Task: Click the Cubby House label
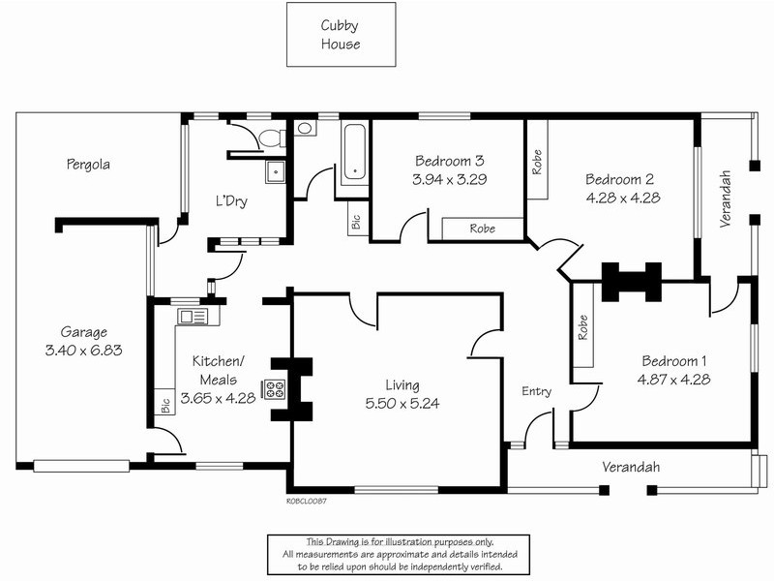click(341, 35)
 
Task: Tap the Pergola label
click(88, 165)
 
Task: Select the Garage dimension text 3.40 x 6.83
click(83, 351)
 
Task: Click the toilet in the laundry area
click(271, 138)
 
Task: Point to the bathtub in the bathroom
click(355, 152)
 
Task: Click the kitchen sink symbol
click(193, 317)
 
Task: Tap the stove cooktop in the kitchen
click(275, 389)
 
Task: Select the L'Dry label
click(231, 201)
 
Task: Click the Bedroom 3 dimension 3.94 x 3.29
click(450, 179)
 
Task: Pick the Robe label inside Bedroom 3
click(482, 229)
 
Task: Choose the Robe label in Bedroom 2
click(537, 162)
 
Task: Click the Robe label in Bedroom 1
click(583, 327)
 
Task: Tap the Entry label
click(537, 392)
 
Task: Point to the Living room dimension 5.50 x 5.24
click(402, 404)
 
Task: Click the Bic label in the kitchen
click(165, 406)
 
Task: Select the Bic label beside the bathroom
click(356, 222)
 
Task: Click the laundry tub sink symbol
click(275, 172)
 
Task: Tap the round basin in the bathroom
click(305, 129)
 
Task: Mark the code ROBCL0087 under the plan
click(307, 501)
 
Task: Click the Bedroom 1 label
click(673, 361)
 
